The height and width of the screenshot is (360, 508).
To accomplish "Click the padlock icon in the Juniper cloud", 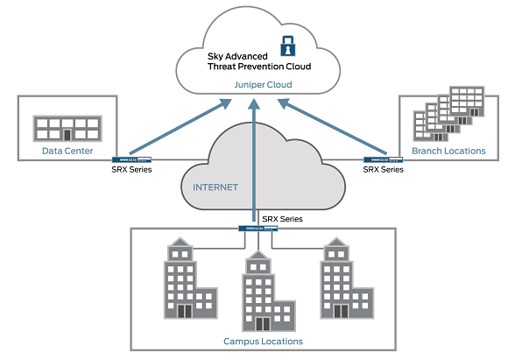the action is click(287, 46).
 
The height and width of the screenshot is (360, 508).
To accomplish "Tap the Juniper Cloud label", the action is click(263, 85).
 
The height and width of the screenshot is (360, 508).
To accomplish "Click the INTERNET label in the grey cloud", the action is click(215, 187).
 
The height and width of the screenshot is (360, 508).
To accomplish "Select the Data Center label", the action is click(67, 151).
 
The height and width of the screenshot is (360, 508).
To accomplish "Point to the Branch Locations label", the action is click(448, 151).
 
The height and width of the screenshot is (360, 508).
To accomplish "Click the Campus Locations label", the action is click(263, 342).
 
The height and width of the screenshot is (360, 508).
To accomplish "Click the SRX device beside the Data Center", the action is click(131, 159).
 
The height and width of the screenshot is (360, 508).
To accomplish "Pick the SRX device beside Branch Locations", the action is click(384, 159).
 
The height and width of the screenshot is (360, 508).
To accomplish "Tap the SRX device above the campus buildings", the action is click(258, 229).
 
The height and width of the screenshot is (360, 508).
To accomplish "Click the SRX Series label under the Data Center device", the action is click(131, 169).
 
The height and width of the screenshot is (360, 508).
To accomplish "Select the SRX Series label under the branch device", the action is click(384, 169).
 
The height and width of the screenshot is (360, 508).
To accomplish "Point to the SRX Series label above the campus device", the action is click(283, 219).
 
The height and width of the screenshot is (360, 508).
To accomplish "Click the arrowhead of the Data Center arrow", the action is click(225, 103).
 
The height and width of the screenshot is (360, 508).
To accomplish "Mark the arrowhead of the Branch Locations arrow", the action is click(285, 103).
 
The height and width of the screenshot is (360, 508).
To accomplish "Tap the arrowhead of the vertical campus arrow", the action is click(254, 103).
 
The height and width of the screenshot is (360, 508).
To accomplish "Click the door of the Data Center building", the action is click(67, 135).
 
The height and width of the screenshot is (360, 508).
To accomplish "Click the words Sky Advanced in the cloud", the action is click(237, 56).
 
